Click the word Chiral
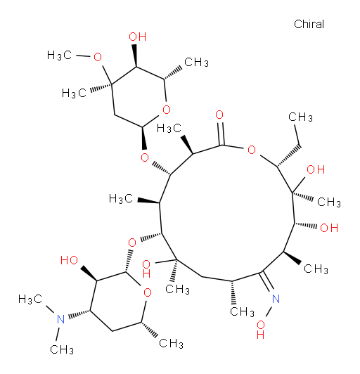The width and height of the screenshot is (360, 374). tap(309, 24)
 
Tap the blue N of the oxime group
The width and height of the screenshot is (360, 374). tap(276, 299)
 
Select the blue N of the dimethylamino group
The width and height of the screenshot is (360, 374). tap(61, 319)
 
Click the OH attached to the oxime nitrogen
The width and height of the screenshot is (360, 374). tap(261, 330)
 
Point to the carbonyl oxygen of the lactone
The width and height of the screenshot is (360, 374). tap(219, 115)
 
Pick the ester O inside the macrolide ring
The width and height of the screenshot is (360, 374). tap(252, 150)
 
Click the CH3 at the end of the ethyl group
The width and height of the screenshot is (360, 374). tap(300, 117)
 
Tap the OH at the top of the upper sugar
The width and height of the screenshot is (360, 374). tap(137, 37)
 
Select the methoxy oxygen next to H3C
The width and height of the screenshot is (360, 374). tap(98, 57)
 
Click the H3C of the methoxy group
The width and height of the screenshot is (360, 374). tap(59, 56)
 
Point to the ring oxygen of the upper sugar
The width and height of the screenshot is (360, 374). tap(166, 110)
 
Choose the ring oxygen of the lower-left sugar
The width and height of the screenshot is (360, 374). tap(148, 292)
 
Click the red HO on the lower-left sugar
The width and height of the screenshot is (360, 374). tap(69, 260)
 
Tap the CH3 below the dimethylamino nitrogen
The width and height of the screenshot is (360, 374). tap(62, 349)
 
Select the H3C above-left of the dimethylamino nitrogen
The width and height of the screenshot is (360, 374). tap(30, 299)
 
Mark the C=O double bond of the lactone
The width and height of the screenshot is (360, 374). tap(221, 134)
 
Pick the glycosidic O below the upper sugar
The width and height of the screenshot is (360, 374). tap(145, 157)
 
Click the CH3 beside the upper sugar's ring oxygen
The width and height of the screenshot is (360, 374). tap(196, 63)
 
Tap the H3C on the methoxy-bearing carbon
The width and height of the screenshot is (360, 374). tap(74, 93)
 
